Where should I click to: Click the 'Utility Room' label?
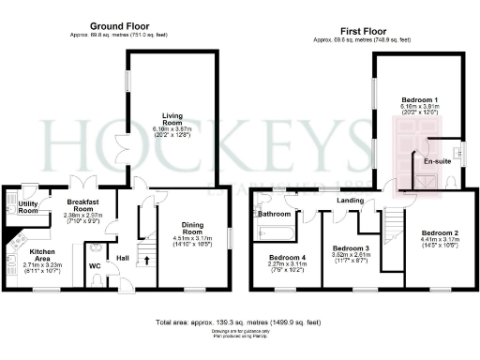(x=28, y=207)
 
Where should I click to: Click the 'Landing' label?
(x=351, y=201)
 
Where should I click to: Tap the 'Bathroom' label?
(x=275, y=214)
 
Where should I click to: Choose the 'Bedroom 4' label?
(x=288, y=257)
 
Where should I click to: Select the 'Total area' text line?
(x=241, y=322)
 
